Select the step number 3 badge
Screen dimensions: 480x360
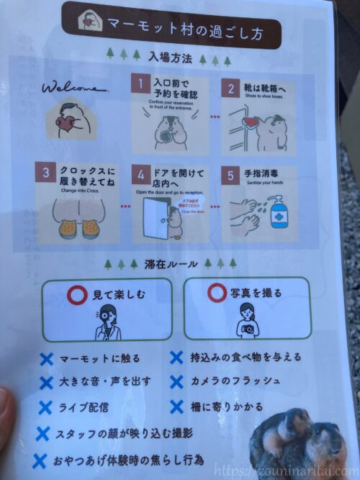click(x=46, y=173)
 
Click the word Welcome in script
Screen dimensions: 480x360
click(x=75, y=89)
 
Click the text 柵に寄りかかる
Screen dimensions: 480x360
click(x=227, y=407)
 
